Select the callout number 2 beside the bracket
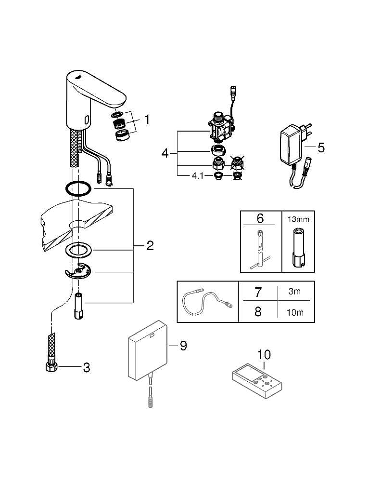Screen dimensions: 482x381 point(150,246)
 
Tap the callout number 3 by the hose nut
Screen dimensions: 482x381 point(86,368)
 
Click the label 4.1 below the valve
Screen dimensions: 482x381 point(198,175)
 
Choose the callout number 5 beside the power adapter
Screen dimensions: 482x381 point(321,147)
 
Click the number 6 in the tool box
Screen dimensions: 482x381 point(260,218)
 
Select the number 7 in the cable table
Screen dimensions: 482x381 point(258,292)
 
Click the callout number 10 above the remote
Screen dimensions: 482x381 point(264,355)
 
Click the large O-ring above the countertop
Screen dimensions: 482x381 point(77,189)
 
